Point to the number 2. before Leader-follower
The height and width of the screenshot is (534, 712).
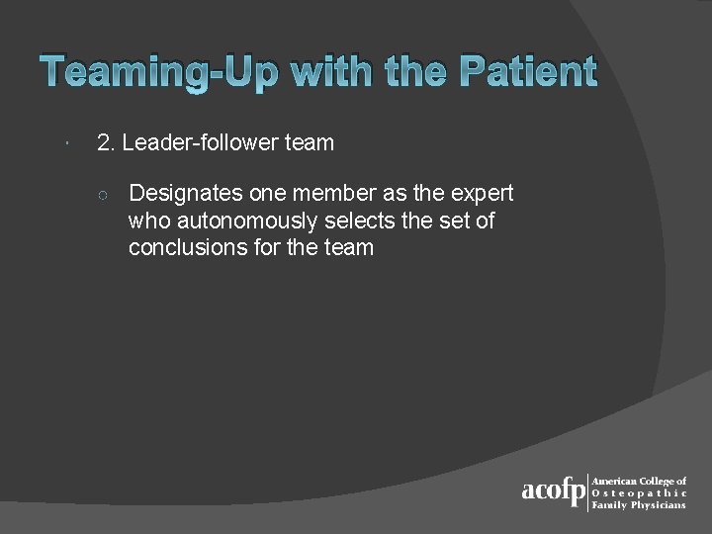coord(107,142)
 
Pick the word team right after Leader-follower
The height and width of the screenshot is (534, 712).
coord(310,142)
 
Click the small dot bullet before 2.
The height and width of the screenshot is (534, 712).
coord(63,144)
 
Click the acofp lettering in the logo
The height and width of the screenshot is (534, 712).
coord(553,492)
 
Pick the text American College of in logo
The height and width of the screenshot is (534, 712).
coord(639,481)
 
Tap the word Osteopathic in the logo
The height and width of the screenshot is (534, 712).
coord(639,492)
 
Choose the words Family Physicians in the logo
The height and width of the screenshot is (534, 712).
coord(638,505)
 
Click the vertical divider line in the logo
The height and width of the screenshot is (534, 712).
coord(588,492)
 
